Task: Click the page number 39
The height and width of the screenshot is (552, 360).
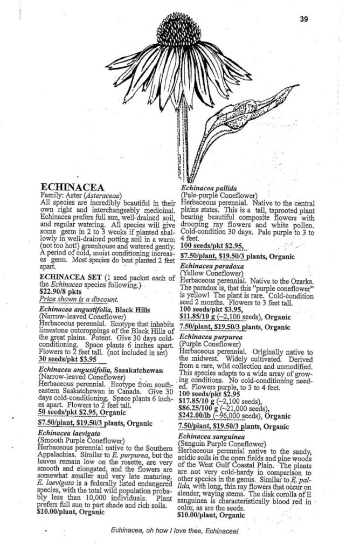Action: [x=303, y=20]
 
